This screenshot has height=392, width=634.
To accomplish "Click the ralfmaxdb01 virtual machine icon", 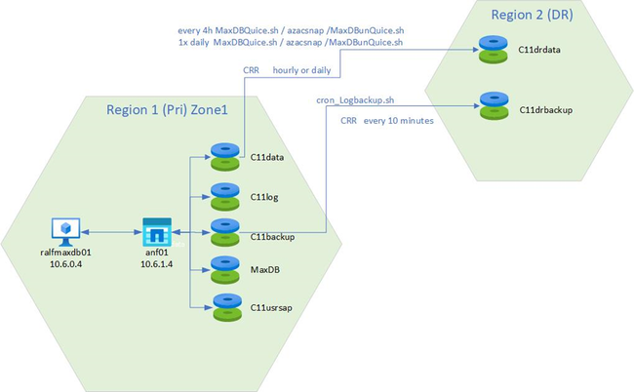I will pos(65,230).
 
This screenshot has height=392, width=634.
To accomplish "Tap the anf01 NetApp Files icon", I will pos(156,232).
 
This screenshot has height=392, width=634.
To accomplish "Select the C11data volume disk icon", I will pos(224,157).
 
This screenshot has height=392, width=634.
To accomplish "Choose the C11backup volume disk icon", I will pos(224,232).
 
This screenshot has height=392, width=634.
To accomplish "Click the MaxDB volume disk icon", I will pos(224,268).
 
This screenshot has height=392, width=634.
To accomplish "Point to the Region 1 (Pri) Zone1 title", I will pos(167,112).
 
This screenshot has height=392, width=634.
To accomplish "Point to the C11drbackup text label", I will pos(545,109).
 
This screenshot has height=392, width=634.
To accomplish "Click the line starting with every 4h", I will pos(289,31).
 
